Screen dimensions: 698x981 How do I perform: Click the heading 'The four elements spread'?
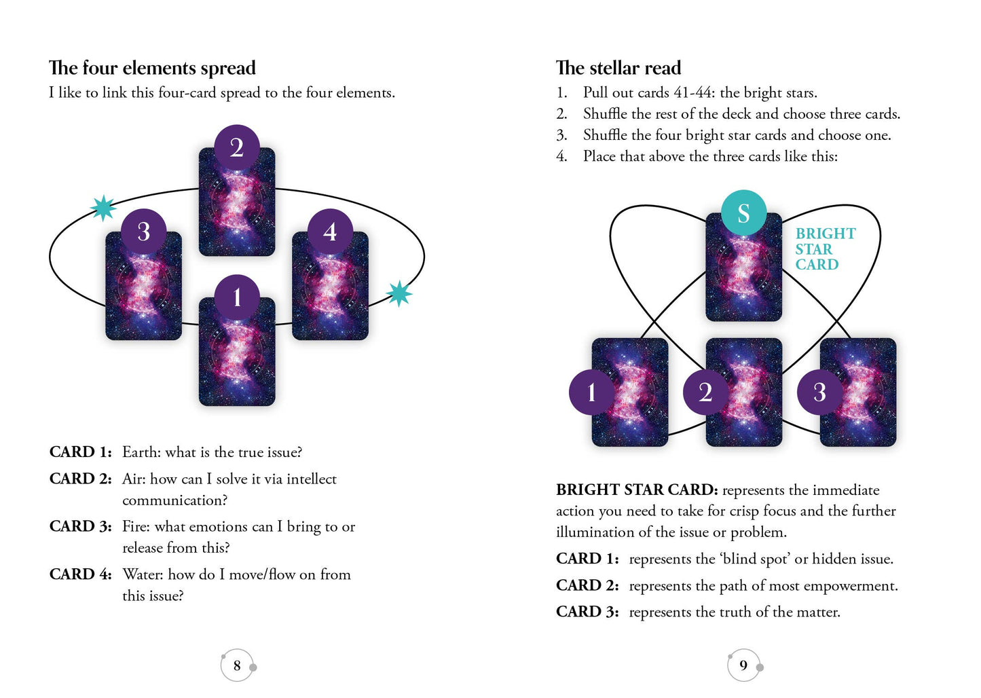click(152, 68)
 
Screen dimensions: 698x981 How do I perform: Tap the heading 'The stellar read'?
click(618, 68)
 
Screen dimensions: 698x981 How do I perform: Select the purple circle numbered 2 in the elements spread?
click(236, 147)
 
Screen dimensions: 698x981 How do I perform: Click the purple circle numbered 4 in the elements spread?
click(330, 232)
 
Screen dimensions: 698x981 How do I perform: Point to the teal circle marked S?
click(743, 213)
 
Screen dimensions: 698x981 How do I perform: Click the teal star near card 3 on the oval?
click(103, 208)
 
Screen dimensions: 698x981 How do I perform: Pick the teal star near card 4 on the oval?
click(399, 293)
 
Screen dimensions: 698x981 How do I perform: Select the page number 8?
click(237, 665)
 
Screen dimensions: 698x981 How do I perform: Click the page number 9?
click(743, 665)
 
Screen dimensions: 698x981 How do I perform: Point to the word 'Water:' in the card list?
click(143, 574)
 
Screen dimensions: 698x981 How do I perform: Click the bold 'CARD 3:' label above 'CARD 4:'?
click(80, 527)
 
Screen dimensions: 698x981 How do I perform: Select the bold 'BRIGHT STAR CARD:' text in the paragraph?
click(636, 490)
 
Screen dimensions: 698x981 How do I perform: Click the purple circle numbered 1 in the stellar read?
click(591, 392)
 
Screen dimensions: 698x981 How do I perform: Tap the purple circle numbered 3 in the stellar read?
click(819, 392)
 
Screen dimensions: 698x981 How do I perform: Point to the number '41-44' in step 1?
click(693, 93)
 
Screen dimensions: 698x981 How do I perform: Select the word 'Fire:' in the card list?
click(136, 527)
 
